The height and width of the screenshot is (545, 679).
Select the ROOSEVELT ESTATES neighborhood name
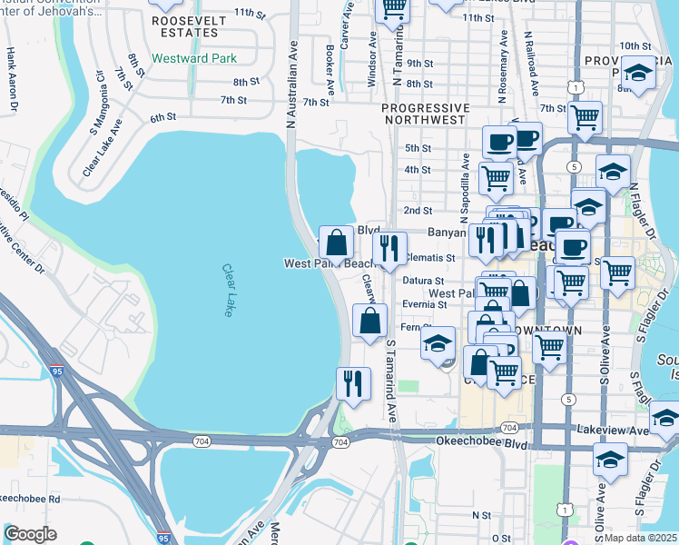tap(185, 25)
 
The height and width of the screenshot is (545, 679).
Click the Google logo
tap(30, 534)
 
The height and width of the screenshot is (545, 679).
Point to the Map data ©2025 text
tap(640, 538)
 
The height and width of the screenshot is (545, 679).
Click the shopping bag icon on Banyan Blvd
tap(336, 243)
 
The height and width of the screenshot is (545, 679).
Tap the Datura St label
tap(424, 281)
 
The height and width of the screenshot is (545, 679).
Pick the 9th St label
tap(419, 64)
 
